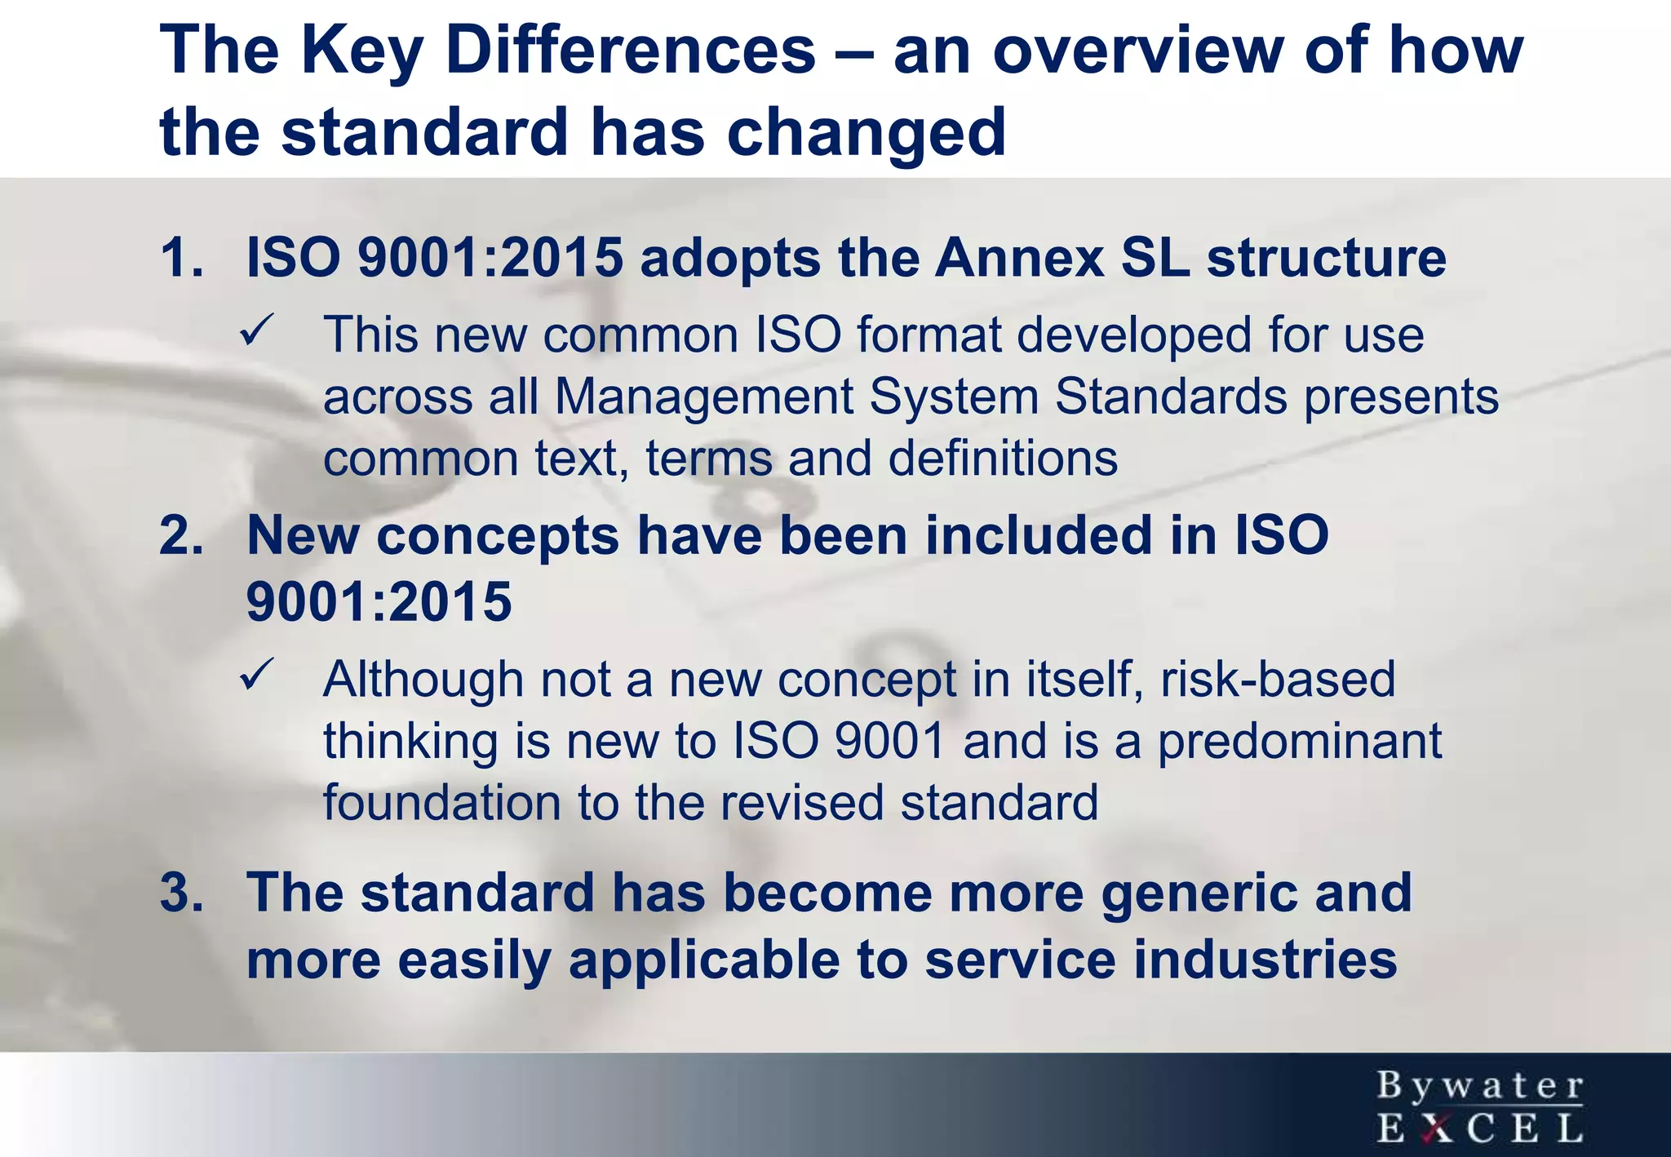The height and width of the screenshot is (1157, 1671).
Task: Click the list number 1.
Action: (x=181, y=259)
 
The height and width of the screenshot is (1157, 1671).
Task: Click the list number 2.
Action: (x=181, y=536)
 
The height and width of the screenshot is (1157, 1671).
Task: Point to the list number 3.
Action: (x=181, y=892)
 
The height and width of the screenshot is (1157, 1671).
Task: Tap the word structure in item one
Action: (x=1326, y=259)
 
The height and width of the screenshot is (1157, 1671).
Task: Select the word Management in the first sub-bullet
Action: (x=703, y=397)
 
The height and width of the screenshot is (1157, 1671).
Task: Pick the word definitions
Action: (x=1003, y=459)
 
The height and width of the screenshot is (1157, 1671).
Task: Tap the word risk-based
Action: (x=1278, y=680)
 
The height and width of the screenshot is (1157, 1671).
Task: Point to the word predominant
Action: (x=1300, y=742)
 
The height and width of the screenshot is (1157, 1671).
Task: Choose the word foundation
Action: (x=441, y=803)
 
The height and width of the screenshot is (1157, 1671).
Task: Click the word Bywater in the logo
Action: (x=1480, y=1086)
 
